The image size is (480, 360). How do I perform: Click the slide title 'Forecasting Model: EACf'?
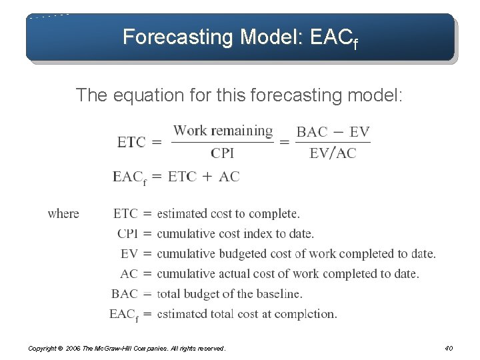click(240, 37)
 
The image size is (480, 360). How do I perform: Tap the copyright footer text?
click(127, 348)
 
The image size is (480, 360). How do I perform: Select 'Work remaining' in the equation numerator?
click(223, 131)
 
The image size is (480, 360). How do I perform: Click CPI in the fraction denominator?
click(223, 153)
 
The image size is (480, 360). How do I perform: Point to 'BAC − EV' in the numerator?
click(333, 131)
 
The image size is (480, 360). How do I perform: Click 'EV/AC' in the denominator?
click(333, 153)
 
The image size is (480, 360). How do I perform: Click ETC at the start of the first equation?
click(131, 142)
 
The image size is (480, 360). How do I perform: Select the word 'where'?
click(63, 214)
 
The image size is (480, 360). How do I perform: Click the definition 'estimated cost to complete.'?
click(228, 214)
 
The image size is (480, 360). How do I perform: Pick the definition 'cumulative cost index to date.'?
click(235, 234)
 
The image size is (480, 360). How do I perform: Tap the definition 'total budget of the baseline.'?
click(229, 294)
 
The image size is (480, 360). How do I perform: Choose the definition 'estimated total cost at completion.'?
click(247, 314)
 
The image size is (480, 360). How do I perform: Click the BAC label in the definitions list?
click(125, 294)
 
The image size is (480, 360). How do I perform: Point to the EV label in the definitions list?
click(129, 254)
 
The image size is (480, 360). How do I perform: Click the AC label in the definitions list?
click(129, 274)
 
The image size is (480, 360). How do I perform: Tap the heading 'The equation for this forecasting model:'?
click(239, 95)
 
